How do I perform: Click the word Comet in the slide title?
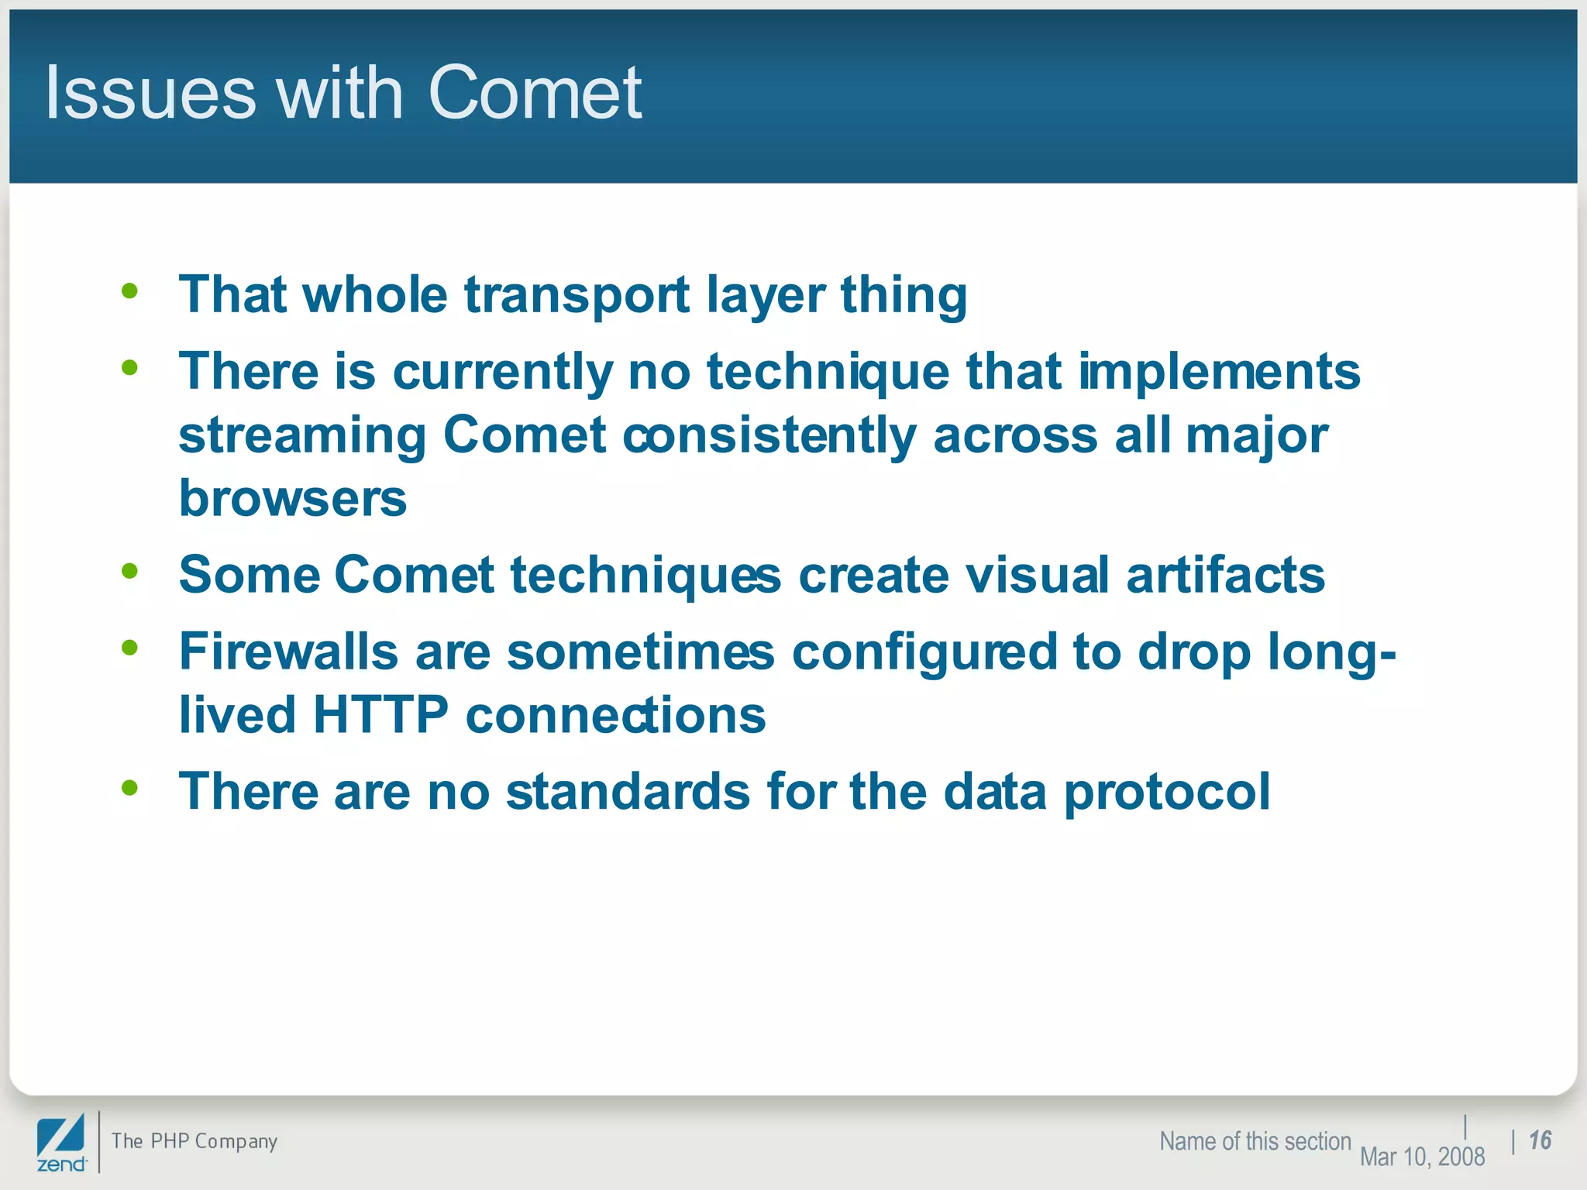click(535, 93)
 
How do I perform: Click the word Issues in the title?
click(150, 93)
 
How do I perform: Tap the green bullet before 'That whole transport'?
click(129, 291)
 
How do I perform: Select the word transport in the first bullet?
click(577, 296)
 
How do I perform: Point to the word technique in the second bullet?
click(828, 372)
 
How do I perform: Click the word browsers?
click(292, 498)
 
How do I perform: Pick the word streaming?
click(302, 436)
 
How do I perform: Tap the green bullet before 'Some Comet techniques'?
click(129, 571)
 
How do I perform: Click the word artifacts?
click(1225, 576)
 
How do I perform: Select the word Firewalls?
click(288, 651)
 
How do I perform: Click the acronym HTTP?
click(380, 714)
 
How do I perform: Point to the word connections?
click(615, 714)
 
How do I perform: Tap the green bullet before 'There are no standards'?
click(129, 788)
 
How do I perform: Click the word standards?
click(628, 792)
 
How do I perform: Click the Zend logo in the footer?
click(61, 1144)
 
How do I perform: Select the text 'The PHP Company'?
click(194, 1141)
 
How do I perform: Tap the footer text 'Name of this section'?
click(1255, 1141)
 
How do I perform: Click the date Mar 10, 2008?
click(1422, 1157)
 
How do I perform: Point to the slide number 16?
click(1540, 1140)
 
